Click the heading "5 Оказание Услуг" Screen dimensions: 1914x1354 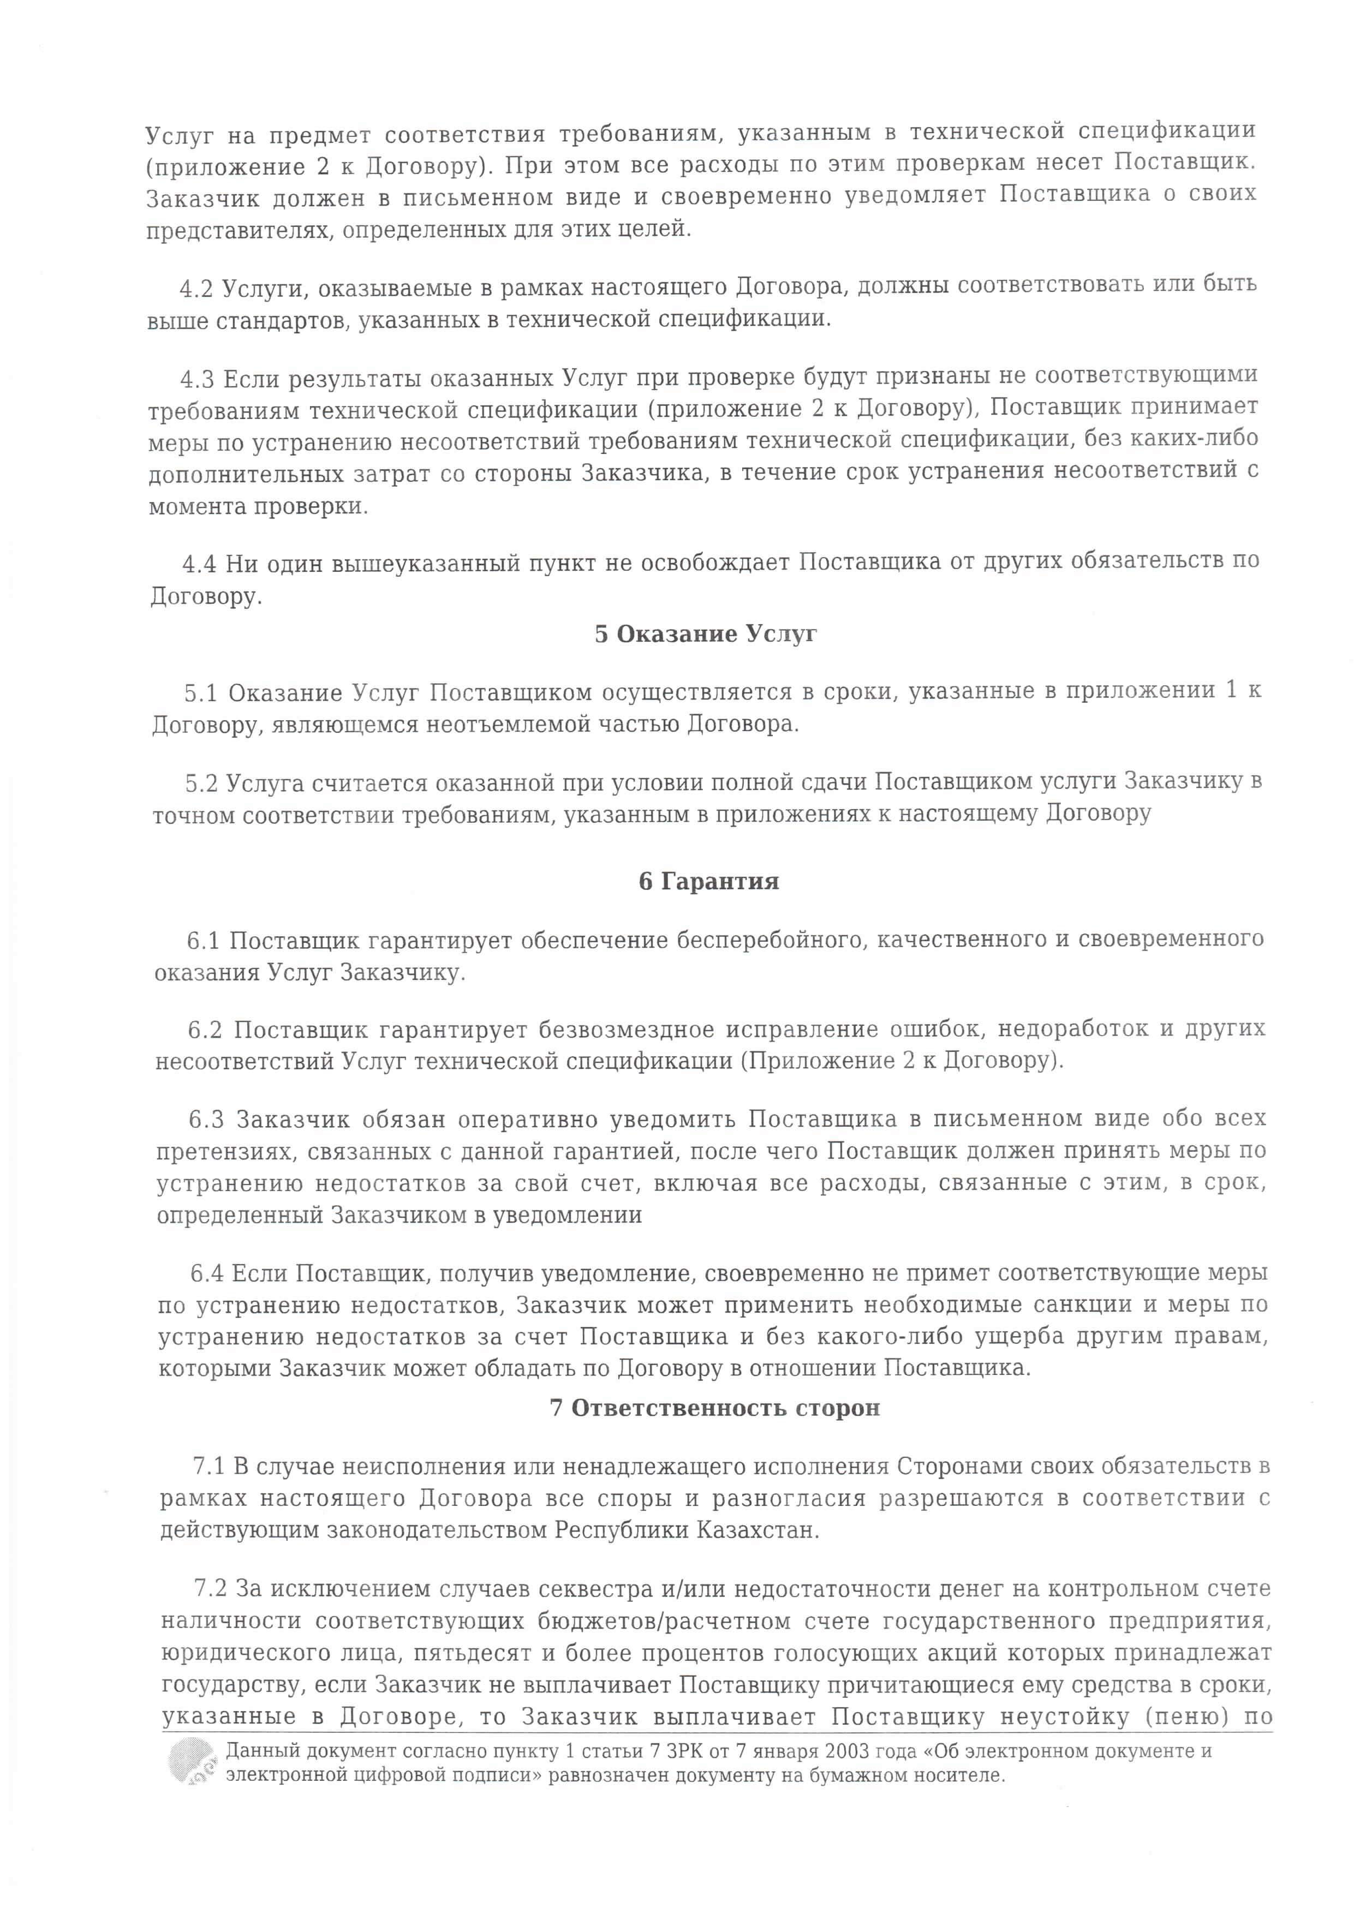point(705,635)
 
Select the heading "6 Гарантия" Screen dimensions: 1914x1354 point(709,882)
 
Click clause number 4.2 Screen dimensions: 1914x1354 point(197,288)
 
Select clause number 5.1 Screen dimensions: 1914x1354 point(201,693)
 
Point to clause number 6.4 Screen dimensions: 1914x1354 point(207,1274)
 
